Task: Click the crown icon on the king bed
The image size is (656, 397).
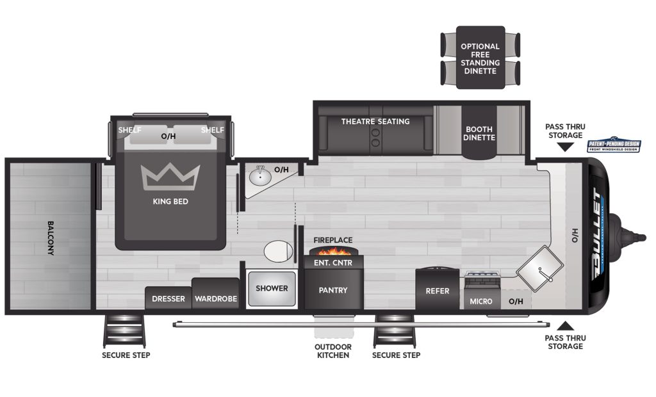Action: [x=170, y=177]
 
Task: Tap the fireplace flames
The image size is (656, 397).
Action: [x=333, y=249]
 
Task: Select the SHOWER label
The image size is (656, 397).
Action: [x=272, y=288]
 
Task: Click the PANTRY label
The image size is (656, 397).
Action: [x=333, y=290]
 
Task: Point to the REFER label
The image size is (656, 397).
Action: [x=438, y=291]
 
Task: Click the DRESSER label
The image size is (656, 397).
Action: [x=168, y=299]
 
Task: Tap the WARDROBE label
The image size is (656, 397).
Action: [x=216, y=299]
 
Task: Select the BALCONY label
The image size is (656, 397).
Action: [x=51, y=238]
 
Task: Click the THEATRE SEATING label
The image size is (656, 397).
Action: [x=375, y=122]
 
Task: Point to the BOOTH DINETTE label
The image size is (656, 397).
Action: [x=480, y=133]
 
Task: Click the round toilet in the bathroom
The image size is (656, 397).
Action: [x=277, y=250]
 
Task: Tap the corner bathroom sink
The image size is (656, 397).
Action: [x=260, y=176]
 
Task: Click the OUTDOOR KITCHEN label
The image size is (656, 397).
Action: [x=332, y=351]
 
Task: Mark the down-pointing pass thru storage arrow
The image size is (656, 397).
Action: [x=564, y=147]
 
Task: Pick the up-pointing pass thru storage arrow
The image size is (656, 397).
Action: [x=564, y=326]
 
